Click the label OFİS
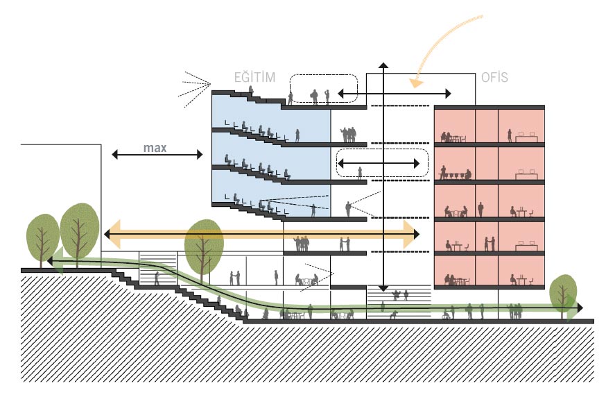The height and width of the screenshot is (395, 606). pyautogui.click(x=494, y=77)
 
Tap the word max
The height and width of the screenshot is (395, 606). pyautogui.click(x=155, y=148)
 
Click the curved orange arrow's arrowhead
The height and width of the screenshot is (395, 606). pyautogui.click(x=415, y=83)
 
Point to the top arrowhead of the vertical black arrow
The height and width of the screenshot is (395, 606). pyautogui.click(x=383, y=65)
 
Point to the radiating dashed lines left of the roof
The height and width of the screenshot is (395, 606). pyautogui.click(x=195, y=89)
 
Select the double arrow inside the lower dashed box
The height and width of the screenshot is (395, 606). pyautogui.click(x=379, y=165)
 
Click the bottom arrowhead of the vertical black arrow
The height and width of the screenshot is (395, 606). pyautogui.click(x=383, y=286)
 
